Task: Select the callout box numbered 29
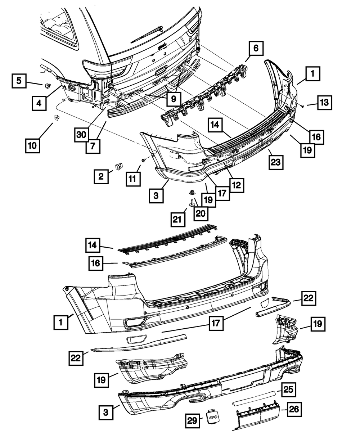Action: [x=193, y=420]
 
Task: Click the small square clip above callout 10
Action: [x=57, y=117]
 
